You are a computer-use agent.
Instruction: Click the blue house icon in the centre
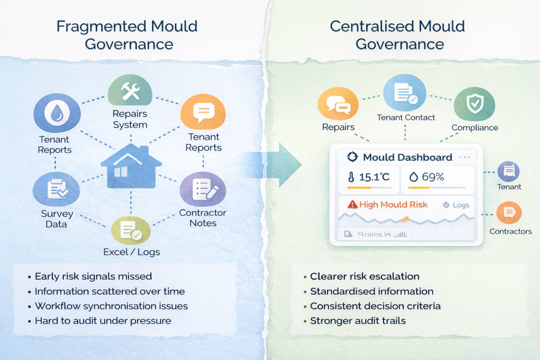point(131,167)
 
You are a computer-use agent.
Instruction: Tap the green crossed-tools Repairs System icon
point(130,91)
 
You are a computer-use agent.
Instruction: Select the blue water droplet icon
point(57,113)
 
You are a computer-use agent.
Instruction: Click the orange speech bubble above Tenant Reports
point(203,112)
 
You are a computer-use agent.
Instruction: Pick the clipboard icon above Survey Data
point(56,189)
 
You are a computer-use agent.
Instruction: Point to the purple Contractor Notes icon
point(203,189)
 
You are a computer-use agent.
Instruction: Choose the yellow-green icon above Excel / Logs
point(131,230)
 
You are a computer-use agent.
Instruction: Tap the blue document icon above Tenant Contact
point(404,93)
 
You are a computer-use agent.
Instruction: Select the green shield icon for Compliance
point(475,104)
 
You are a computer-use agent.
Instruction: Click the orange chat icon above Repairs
point(338,104)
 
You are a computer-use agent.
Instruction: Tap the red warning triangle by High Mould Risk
point(353,205)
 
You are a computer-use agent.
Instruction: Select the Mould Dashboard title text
point(408,157)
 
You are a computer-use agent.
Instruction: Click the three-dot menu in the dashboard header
point(465,157)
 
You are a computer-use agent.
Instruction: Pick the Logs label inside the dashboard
point(461,205)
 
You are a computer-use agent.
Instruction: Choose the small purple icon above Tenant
point(509,171)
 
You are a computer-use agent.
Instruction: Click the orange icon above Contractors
point(509,213)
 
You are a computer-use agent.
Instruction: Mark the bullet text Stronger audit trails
point(358,321)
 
